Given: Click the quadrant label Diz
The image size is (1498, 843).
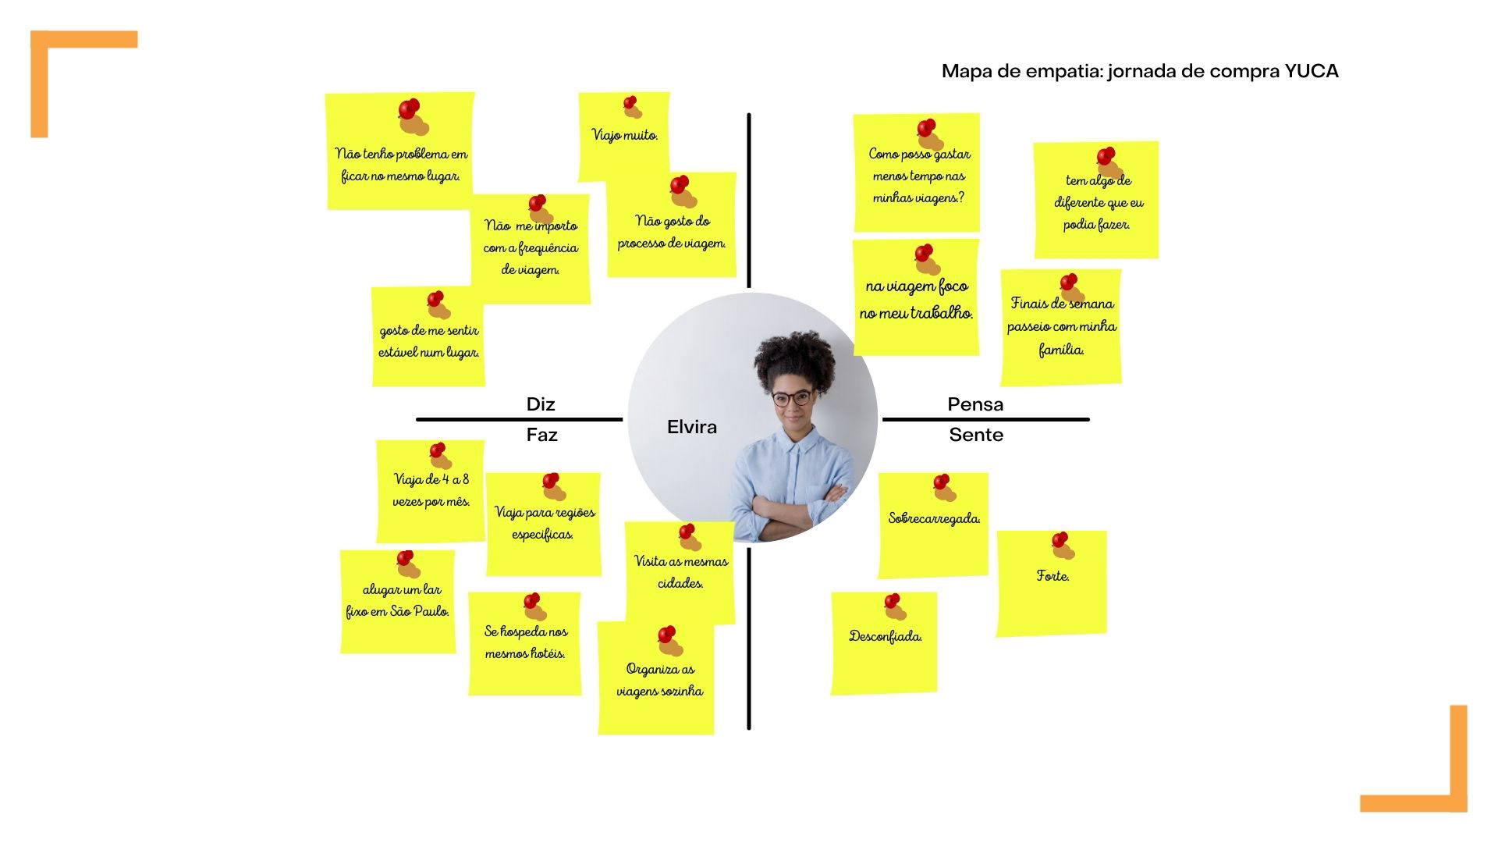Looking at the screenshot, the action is (x=541, y=404).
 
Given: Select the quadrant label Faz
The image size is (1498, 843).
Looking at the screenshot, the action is (x=541, y=435).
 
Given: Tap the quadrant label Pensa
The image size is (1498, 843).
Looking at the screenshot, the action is (x=975, y=404).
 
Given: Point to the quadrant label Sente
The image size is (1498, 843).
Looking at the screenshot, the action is (x=976, y=435).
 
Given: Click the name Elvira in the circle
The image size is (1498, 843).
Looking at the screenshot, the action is (x=691, y=427).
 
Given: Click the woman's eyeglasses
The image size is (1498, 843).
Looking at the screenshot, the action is (x=791, y=398).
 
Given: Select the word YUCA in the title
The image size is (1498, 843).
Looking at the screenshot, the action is (x=1312, y=71).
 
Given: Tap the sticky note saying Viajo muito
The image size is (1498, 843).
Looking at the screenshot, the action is (x=624, y=136).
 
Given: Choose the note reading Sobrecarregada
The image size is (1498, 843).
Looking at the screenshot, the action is (x=933, y=525).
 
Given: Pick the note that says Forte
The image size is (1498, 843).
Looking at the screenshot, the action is (x=1052, y=583).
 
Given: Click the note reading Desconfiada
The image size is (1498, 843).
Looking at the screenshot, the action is (x=885, y=643).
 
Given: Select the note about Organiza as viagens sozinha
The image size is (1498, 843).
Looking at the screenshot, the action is (x=658, y=679).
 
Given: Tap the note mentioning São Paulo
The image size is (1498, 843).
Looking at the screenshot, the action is (x=398, y=602).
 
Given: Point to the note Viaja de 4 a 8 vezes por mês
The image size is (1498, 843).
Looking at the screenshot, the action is (x=431, y=492).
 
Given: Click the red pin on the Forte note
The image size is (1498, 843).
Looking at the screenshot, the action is (x=1059, y=540).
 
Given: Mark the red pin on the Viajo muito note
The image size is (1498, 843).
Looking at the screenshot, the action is (x=630, y=102).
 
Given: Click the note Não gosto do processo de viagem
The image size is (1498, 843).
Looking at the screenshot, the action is (x=671, y=232).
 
